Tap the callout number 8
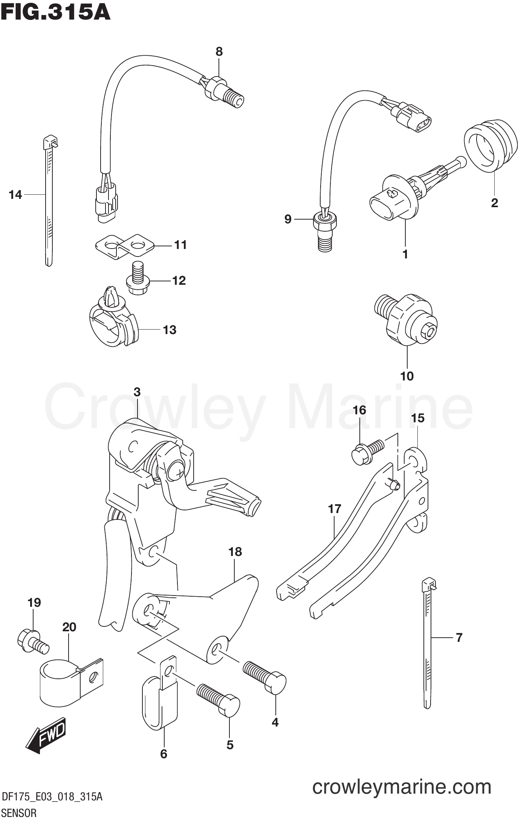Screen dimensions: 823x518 pos(219,52)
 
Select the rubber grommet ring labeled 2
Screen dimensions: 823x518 pos(489,145)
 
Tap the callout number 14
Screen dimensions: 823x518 pos(15,195)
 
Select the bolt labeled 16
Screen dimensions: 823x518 pos(368,452)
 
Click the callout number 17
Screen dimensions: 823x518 pos(334,509)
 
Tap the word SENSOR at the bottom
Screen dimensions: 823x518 pos(19,813)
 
